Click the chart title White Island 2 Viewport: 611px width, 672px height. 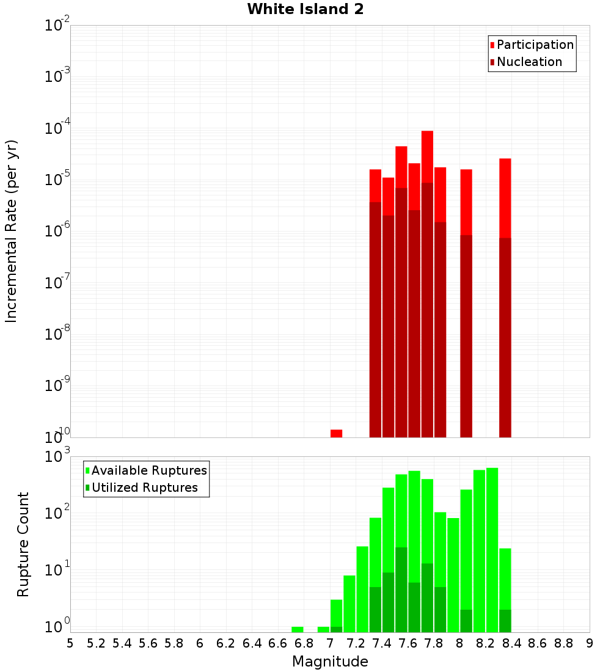[305, 10]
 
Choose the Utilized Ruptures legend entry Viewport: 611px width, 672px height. [144, 488]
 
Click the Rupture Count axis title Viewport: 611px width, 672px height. [23, 544]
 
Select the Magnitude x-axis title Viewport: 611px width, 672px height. [330, 662]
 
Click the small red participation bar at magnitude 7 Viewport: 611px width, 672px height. [336, 433]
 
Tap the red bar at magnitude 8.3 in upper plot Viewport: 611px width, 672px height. [505, 195]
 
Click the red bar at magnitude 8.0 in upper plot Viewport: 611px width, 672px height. [466, 202]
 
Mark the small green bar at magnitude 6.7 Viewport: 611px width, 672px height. [298, 629]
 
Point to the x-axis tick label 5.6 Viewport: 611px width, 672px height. [148, 643]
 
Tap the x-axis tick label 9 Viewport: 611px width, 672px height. [589, 643]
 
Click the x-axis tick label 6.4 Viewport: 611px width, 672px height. [252, 643]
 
